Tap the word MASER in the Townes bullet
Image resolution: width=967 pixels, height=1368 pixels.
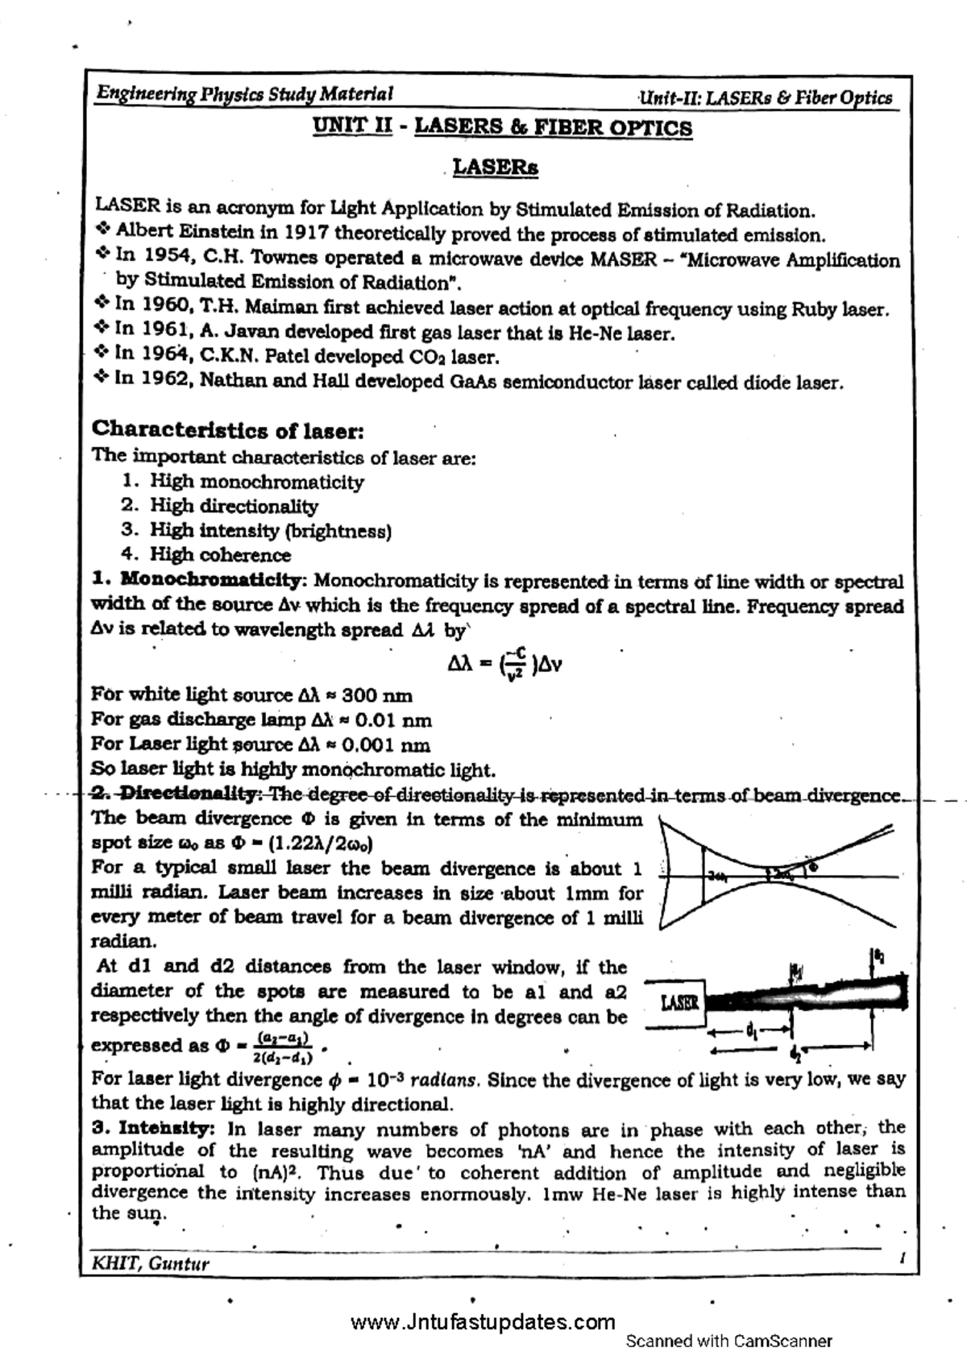[x=624, y=259]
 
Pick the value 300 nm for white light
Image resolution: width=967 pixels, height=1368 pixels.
[x=377, y=694]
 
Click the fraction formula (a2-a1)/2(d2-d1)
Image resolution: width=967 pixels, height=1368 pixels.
[x=284, y=1047]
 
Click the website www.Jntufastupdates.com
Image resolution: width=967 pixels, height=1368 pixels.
[x=483, y=1322]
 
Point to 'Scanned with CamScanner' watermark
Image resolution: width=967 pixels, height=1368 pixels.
[x=728, y=1341]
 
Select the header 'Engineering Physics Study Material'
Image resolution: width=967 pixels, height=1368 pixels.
[x=244, y=94]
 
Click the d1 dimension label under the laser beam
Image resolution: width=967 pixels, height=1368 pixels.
[x=751, y=1030]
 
